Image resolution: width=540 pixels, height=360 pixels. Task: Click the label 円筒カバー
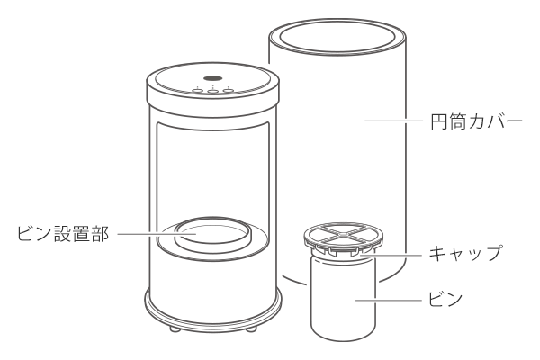(x=477, y=121)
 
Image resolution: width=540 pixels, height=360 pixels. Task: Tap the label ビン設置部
(x=63, y=234)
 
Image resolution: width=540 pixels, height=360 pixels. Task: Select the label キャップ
(x=465, y=253)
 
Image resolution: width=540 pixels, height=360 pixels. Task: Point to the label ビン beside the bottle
(x=445, y=299)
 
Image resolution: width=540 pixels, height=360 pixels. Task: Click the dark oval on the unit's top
(x=212, y=78)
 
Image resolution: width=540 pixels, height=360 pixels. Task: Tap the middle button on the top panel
(x=212, y=91)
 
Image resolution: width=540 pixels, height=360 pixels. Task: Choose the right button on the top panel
(x=229, y=91)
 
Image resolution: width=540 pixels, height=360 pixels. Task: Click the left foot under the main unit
(x=175, y=328)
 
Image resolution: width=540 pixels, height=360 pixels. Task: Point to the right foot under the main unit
(x=251, y=328)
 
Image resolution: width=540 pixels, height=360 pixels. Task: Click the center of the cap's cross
(x=344, y=235)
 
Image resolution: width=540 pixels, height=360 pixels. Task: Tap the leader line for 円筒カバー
(x=394, y=121)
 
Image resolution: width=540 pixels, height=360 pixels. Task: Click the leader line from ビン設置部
(x=157, y=234)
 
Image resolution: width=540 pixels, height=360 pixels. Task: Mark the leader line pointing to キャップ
(x=391, y=256)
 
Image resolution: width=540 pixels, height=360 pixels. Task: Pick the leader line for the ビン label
(x=389, y=300)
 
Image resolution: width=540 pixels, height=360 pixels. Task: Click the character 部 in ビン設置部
(x=100, y=234)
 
